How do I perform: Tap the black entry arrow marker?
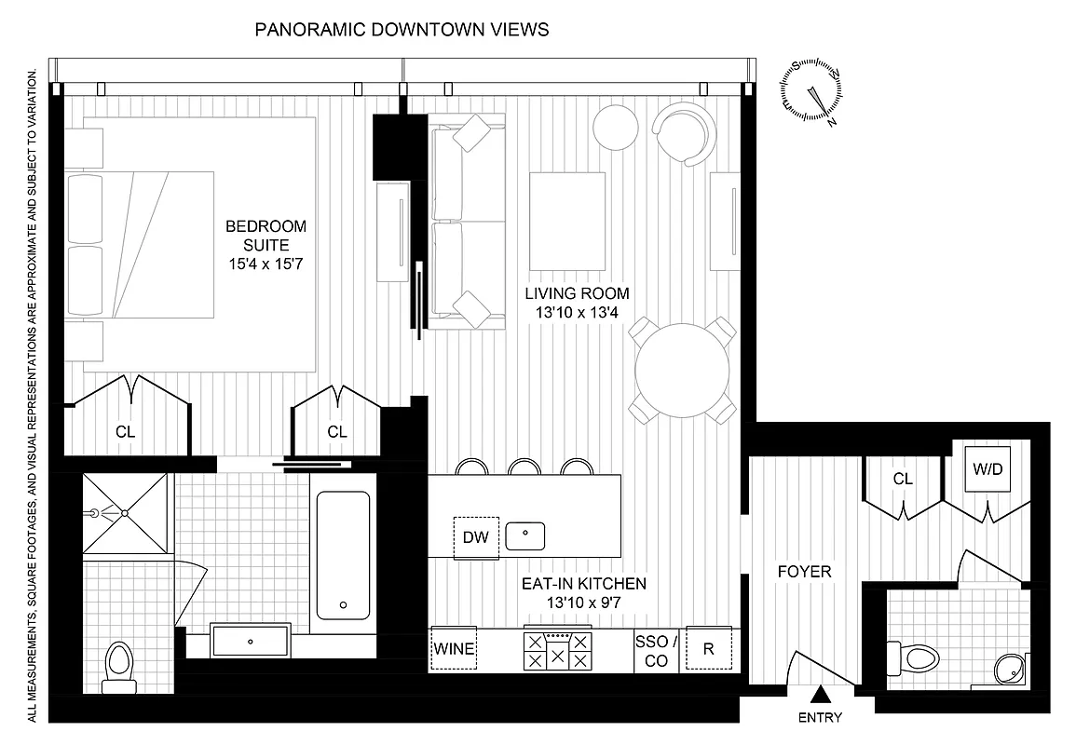821,694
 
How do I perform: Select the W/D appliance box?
987,467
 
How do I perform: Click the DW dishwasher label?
476,537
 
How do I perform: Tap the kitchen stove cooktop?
558,649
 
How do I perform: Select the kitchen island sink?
525,535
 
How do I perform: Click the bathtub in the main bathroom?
343,556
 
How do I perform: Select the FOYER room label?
804,572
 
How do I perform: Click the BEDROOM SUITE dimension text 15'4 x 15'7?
266,264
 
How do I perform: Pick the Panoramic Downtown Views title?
402,30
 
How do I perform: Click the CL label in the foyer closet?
902,480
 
